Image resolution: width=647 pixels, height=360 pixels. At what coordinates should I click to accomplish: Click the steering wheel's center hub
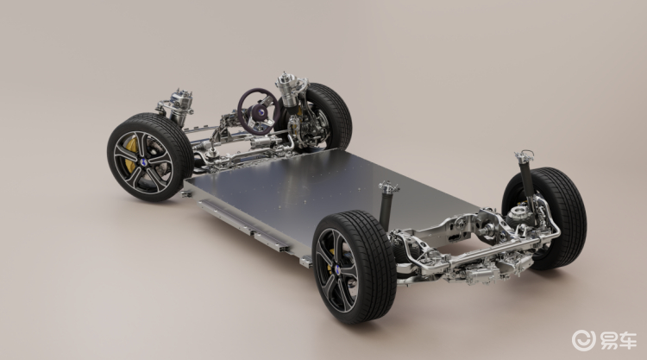(261, 112)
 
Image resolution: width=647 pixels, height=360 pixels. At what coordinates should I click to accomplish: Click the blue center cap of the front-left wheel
(142, 162)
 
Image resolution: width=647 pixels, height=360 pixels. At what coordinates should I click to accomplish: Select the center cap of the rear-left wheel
(337, 269)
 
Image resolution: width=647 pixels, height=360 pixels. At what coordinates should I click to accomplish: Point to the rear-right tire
(549, 218)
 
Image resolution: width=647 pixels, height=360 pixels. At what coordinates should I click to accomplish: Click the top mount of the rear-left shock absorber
(388, 187)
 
